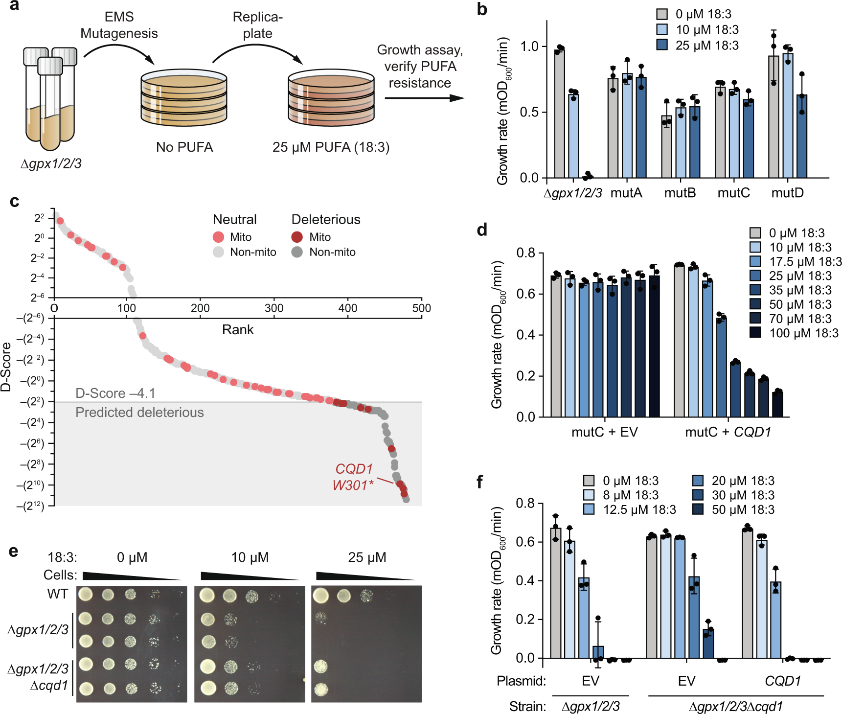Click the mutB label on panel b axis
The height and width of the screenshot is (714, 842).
(x=680, y=193)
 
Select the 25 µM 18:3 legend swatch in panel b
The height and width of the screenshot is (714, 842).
(x=662, y=45)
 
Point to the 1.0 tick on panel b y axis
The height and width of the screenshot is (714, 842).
(x=530, y=46)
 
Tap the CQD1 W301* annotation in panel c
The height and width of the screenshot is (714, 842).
(x=353, y=477)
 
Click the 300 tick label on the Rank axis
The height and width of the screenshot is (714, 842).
(x=274, y=308)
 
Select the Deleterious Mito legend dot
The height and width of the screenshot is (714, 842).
(x=297, y=237)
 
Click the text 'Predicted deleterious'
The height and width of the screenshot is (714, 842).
(x=139, y=413)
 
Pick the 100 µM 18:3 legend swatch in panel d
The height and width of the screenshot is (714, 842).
(x=755, y=333)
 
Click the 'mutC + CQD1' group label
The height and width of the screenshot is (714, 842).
(x=728, y=432)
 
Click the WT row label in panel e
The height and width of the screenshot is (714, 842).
(x=58, y=594)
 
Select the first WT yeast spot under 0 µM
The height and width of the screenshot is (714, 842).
(x=86, y=594)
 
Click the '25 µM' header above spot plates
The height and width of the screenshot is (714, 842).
(x=367, y=557)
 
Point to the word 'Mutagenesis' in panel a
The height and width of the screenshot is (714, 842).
(x=119, y=33)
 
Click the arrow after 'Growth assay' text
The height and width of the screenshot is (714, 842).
(x=424, y=98)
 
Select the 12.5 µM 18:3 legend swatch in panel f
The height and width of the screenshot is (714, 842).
(x=589, y=509)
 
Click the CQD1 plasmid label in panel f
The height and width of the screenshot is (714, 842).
(x=783, y=681)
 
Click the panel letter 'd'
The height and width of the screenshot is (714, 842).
(x=482, y=230)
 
